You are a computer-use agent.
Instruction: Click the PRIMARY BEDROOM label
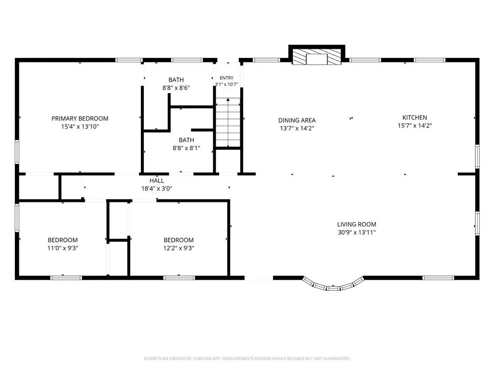[80, 119]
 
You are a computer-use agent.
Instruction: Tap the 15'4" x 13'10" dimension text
[80, 127]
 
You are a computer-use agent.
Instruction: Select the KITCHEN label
[414, 118]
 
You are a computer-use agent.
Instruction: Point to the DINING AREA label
[297, 120]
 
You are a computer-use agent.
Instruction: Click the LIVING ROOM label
[357, 225]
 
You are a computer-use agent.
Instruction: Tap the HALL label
[157, 181]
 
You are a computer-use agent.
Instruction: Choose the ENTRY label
[227, 78]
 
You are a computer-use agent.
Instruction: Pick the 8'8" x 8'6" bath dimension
[176, 88]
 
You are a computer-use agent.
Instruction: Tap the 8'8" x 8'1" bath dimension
[186, 148]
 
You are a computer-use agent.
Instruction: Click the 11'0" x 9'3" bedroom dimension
[63, 248]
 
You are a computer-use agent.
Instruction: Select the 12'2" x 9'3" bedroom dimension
[178, 248]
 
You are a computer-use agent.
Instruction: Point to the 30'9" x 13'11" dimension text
[357, 233]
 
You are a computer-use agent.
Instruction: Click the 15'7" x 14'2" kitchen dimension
[414, 126]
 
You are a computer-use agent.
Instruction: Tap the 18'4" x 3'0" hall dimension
[157, 189]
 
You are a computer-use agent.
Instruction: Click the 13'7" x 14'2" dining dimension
[297, 128]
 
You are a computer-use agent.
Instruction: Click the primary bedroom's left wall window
[17, 152]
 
